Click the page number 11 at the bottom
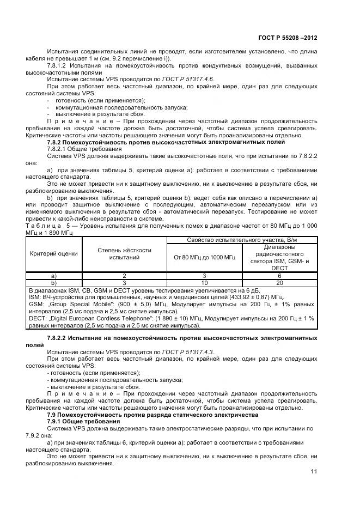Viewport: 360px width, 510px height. pyautogui.click(x=313, y=472)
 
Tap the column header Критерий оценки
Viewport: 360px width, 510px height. pyautogui.click(x=53, y=253)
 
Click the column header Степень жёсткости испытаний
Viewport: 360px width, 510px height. pyautogui.click(x=124, y=253)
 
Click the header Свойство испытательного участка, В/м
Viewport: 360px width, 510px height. pyautogui.click(x=242, y=240)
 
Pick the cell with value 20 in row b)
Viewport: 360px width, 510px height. pyautogui.click(x=279, y=283)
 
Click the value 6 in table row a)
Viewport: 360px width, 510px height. pyautogui.click(x=279, y=276)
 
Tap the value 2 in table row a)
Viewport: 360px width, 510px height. pyautogui.click(x=124, y=276)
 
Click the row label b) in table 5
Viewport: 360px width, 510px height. pyautogui.click(x=53, y=283)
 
